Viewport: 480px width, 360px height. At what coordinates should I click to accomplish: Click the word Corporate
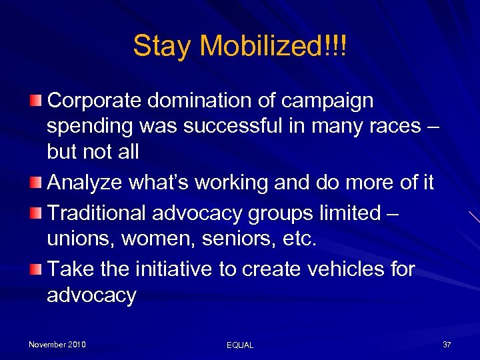pyautogui.click(x=94, y=101)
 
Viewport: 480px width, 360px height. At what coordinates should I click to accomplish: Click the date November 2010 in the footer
pyautogui.click(x=57, y=344)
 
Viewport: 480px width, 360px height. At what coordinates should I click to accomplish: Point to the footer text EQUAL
pyautogui.click(x=240, y=345)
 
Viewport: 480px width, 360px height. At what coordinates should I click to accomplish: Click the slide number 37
pyautogui.click(x=447, y=344)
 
